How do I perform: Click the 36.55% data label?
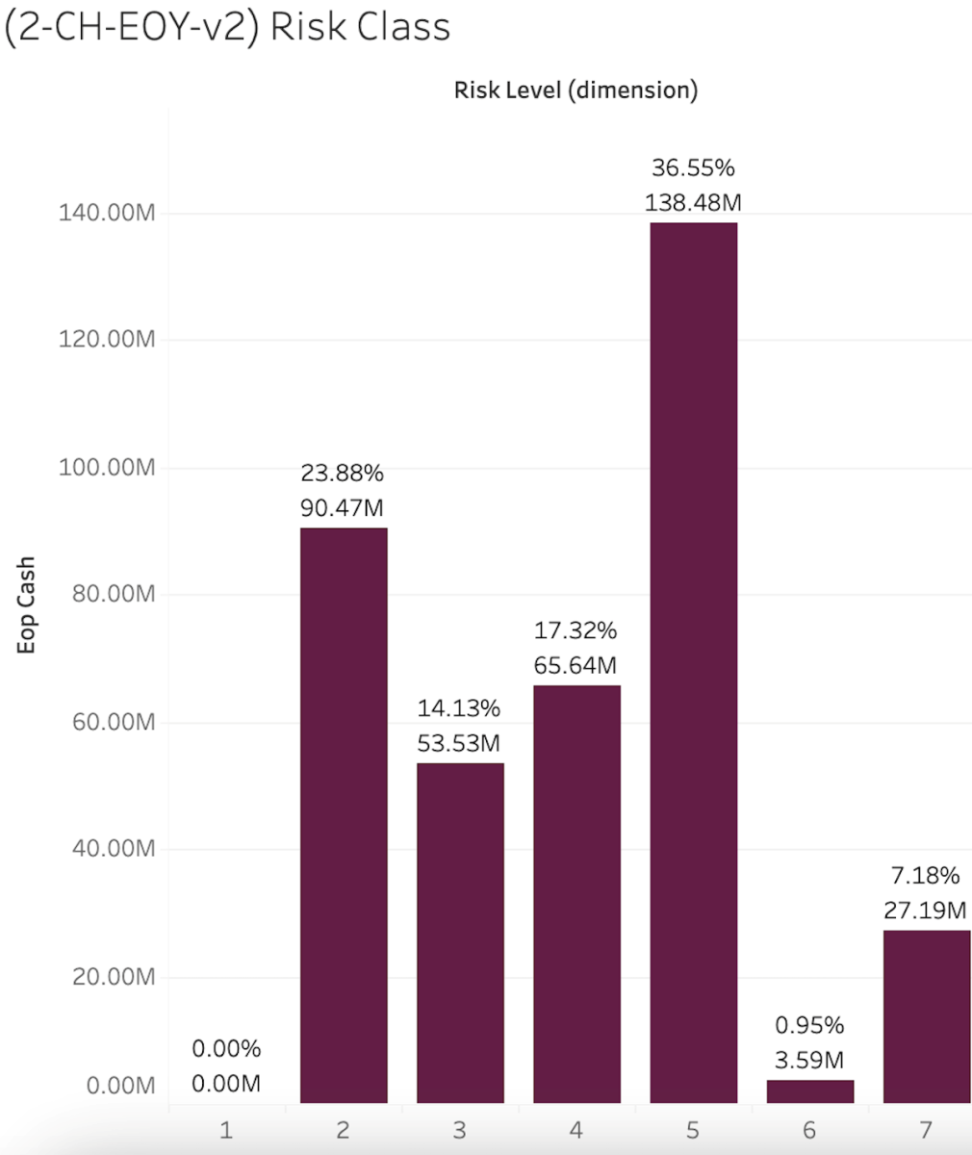693,168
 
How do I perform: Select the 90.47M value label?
343,507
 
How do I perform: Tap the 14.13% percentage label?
459,709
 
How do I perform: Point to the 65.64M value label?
576,665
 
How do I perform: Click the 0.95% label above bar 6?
809,1025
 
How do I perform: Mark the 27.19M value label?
925,910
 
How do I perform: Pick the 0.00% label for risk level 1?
226,1049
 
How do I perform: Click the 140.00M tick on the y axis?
106,213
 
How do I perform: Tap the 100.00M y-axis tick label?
106,468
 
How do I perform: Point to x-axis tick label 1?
226,1129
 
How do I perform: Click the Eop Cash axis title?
26,605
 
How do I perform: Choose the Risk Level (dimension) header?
576,90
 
